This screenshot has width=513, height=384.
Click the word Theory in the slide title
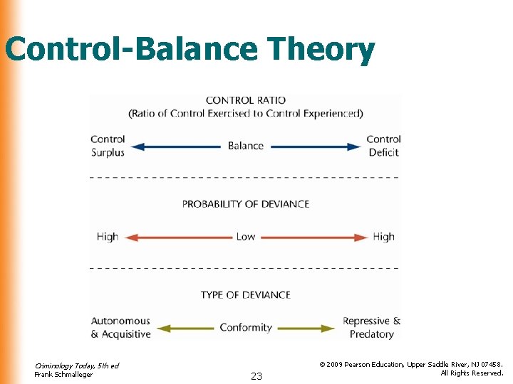coord(321,50)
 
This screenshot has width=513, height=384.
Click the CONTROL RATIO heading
coord(245,100)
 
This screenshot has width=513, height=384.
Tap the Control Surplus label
coord(108,146)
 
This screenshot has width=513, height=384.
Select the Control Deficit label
coord(383,146)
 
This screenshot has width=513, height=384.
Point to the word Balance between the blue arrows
coord(245,146)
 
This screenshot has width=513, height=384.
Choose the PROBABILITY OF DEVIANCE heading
coord(245,204)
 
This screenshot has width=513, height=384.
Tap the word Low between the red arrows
coord(245,237)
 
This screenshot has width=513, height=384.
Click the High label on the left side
coord(108,237)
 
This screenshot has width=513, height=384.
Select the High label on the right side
coord(383,237)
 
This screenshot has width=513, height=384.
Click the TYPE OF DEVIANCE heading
coord(245,294)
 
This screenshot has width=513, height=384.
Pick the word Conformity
coord(245,328)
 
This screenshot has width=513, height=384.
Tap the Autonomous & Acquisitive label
coord(120,328)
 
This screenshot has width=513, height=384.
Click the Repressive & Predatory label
coord(371,328)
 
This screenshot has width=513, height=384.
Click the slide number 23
coord(256,376)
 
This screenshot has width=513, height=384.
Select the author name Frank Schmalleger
coord(63,375)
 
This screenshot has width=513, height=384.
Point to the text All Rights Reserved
coord(472,373)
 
